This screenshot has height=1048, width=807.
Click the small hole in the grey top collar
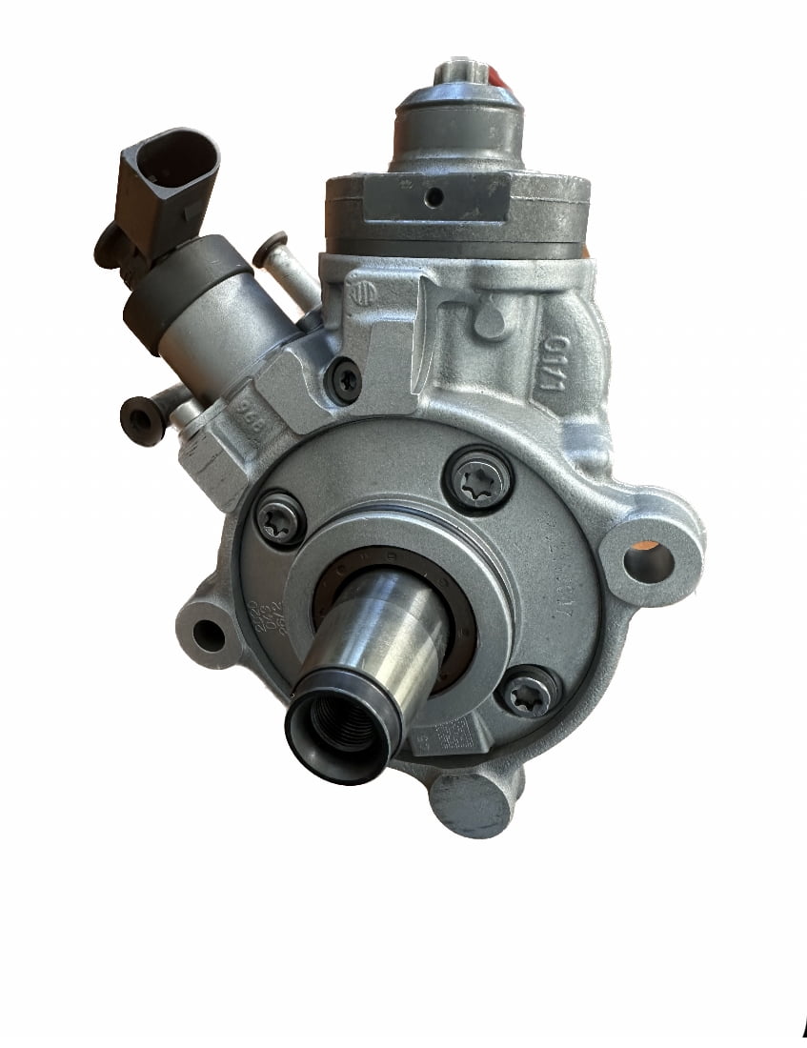point(434,197)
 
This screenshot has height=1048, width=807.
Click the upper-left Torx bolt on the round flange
point(281,520)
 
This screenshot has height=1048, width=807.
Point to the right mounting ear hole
point(649,559)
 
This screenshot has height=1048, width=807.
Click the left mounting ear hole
point(208,634)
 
